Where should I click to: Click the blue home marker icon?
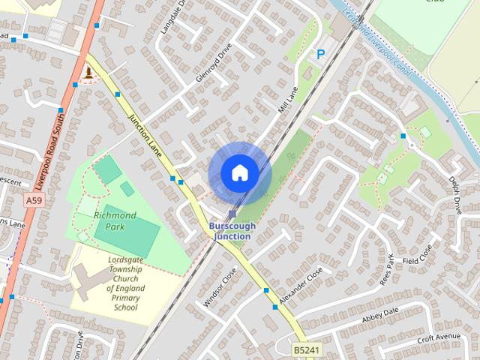click(x=239, y=173)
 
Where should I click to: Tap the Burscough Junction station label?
click(x=232, y=231)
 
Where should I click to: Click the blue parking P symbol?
click(x=321, y=54)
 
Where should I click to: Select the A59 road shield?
click(x=33, y=201)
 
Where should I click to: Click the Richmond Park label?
click(x=115, y=220)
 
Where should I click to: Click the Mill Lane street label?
click(x=288, y=100)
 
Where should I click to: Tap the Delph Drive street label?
click(x=455, y=196)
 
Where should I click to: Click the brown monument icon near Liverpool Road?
click(x=89, y=73)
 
